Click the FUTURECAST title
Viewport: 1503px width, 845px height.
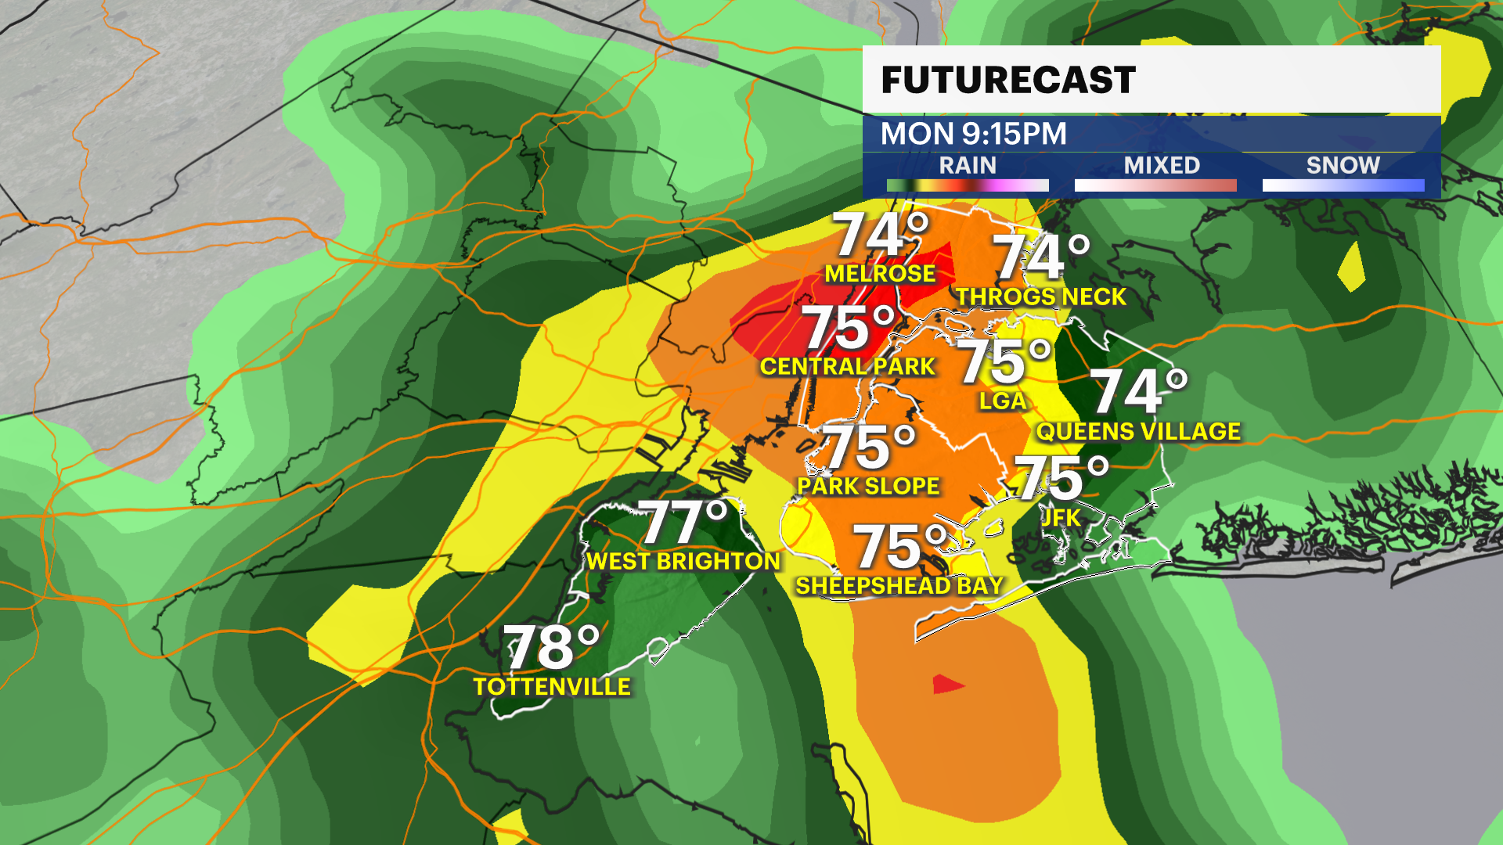point(1007,81)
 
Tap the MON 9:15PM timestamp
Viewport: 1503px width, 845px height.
point(973,134)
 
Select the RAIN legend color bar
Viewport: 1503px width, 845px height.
point(968,185)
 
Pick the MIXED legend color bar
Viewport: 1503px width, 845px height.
point(1155,185)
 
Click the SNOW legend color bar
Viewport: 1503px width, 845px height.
point(1343,185)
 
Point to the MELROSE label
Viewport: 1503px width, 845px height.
point(880,274)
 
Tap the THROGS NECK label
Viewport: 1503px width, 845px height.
point(1040,297)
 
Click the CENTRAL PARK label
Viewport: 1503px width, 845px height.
point(847,366)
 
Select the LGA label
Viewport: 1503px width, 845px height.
point(1002,401)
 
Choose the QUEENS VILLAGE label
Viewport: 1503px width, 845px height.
point(1138,431)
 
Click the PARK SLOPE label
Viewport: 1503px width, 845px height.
point(868,486)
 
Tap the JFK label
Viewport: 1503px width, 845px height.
point(1061,517)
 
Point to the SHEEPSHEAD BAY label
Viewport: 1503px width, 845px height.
point(899,585)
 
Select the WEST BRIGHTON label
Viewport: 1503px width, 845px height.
point(683,561)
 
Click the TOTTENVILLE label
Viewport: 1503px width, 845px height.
point(552,687)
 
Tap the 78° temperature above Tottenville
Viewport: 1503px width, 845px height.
point(551,647)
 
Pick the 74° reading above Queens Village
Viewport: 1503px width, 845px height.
point(1137,391)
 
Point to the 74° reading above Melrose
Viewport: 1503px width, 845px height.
point(880,235)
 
